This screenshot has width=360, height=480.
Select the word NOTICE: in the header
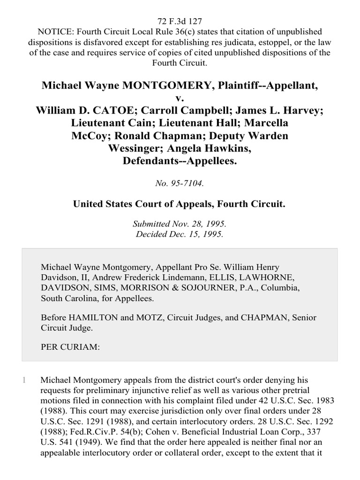(53, 31)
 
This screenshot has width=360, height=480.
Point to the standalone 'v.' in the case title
(180, 97)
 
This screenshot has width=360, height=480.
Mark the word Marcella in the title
(267, 123)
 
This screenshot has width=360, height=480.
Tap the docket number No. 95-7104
(180, 184)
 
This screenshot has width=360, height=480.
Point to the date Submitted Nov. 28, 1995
(180, 224)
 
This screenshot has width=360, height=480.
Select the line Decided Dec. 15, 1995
(180, 234)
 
